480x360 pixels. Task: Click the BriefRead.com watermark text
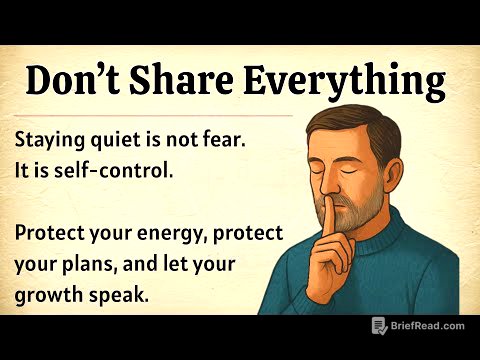coord(428,325)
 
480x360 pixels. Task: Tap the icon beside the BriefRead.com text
coord(379,325)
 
